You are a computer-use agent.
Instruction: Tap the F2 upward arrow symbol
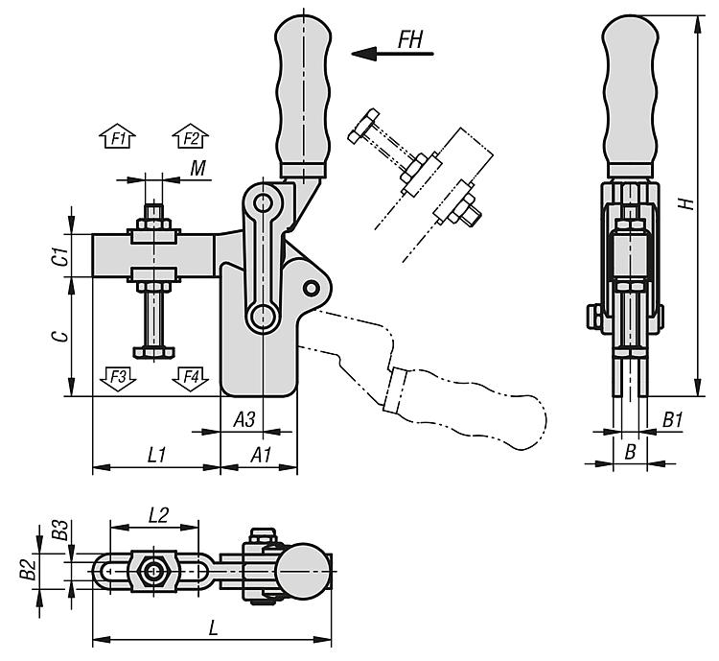(x=190, y=138)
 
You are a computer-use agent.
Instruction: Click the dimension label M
(x=197, y=169)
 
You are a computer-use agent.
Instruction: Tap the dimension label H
(x=683, y=203)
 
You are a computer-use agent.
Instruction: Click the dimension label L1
(x=158, y=454)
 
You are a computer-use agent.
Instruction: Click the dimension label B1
(x=672, y=419)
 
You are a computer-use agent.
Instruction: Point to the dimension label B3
(x=60, y=529)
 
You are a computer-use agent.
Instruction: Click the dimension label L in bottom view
(x=213, y=627)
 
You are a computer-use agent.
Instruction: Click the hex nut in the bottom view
(x=152, y=572)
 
